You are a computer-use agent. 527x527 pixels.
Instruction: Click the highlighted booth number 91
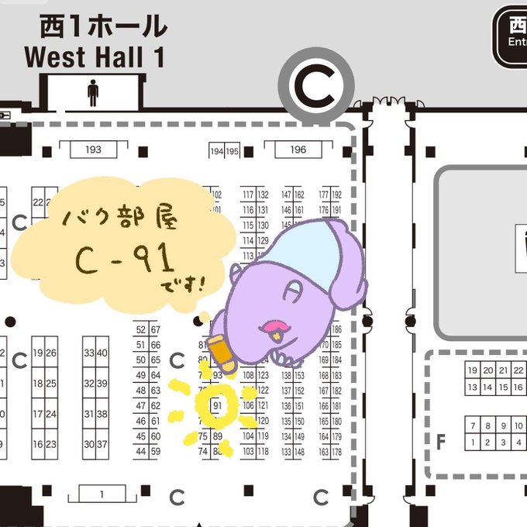tap(218, 405)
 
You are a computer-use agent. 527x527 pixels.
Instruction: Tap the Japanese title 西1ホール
tap(103, 27)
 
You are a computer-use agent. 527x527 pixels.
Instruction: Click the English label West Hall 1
tap(94, 57)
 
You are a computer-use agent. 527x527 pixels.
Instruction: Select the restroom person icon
tap(93, 92)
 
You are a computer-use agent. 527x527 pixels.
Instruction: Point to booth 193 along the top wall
tap(93, 149)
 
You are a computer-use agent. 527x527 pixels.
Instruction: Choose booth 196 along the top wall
tap(298, 150)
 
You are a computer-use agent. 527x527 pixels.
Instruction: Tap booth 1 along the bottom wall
tap(102, 493)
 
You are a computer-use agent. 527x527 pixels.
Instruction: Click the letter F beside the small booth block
tap(441, 443)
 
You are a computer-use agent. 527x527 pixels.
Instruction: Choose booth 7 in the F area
tap(471, 425)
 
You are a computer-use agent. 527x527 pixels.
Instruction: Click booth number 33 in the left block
tap(90, 353)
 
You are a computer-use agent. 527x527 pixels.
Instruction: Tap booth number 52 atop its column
tap(141, 329)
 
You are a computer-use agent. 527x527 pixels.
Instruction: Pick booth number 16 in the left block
tap(38, 444)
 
